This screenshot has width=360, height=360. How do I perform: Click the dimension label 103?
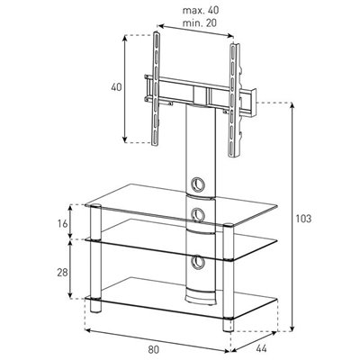click(x=304, y=219)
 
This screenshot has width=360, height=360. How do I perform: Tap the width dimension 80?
click(x=153, y=349)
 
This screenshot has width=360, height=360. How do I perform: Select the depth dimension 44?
click(x=261, y=348)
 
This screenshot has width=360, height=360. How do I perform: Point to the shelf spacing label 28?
click(x=62, y=273)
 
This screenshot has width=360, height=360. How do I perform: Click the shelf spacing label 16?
click(x=62, y=224)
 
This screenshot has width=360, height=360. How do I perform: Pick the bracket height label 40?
click(x=116, y=87)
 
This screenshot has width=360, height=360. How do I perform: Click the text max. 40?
click(x=201, y=10)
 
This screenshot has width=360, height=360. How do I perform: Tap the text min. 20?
click(x=200, y=22)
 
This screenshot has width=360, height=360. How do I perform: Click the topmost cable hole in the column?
click(x=198, y=184)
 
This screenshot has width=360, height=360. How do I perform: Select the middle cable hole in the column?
click(x=198, y=214)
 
